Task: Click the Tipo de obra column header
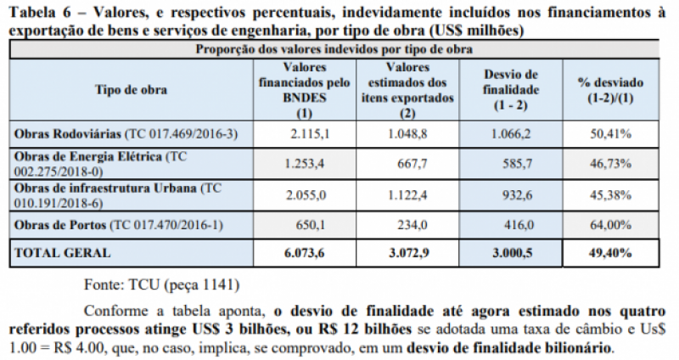(132, 89)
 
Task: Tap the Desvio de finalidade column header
(511, 89)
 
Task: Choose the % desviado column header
(611, 89)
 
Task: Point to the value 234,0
(409, 223)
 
